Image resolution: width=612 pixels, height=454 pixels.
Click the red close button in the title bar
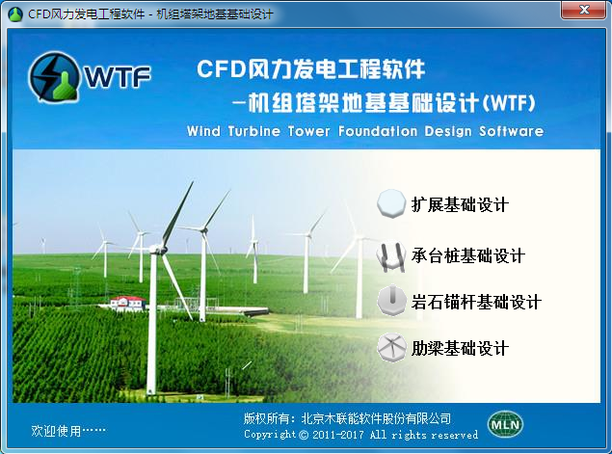[x=583, y=10]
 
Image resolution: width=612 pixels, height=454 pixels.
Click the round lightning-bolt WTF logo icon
[x=54, y=76]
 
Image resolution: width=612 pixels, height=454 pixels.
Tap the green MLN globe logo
[x=505, y=424]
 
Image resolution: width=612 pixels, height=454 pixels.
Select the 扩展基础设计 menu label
[x=460, y=204]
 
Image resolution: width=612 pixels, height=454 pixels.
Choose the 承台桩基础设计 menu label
[x=467, y=255]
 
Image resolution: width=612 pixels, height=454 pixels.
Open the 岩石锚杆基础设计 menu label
[x=476, y=302]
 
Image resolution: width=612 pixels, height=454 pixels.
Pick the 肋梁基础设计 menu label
[x=460, y=348]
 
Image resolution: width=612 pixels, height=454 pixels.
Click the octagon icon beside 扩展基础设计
[x=391, y=203]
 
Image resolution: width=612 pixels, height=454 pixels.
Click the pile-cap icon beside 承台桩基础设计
[x=391, y=256]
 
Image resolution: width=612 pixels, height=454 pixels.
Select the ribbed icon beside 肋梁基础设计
[x=391, y=347]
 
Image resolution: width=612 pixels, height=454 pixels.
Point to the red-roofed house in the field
[x=127, y=303]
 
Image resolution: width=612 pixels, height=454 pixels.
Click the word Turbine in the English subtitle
[x=253, y=131]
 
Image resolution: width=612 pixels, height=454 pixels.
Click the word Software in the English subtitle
[x=512, y=131]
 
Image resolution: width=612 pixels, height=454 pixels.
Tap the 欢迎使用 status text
[x=56, y=431]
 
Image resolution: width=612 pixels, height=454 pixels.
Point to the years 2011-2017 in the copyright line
[x=338, y=435]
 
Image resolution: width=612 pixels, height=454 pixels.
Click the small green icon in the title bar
[x=15, y=14]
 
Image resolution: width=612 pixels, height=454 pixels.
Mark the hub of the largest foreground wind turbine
[x=158, y=250]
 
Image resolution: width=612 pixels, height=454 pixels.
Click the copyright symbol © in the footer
[x=304, y=435]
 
